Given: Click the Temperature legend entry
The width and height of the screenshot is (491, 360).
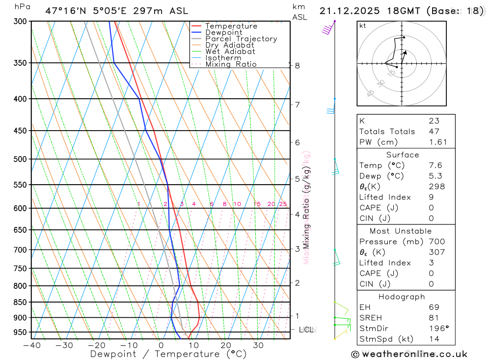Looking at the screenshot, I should click(231, 26).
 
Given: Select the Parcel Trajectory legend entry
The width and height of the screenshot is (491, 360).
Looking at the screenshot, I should click(241, 39).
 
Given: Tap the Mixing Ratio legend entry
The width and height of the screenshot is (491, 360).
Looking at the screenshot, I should click(231, 64).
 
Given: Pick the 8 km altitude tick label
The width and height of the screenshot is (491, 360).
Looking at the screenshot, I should click(297, 65).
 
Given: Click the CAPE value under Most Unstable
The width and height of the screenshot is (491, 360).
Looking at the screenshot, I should click(432, 273).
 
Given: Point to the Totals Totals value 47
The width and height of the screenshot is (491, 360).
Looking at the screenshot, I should click(434, 132).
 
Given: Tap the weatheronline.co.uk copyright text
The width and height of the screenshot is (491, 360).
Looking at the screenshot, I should click(409, 354).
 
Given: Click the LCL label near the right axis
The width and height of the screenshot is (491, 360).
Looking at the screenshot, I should click(306, 330).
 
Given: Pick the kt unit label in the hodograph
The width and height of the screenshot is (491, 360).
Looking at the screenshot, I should click(363, 26).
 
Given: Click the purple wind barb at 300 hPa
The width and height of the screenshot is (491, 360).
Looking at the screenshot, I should click(327, 30).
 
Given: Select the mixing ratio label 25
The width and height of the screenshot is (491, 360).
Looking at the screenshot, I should click(283, 204).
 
